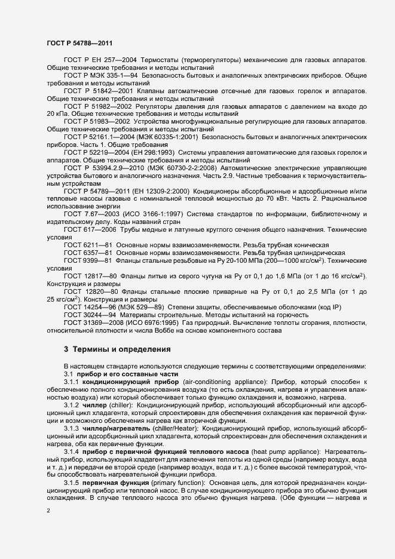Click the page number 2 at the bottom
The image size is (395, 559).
click(x=48, y=511)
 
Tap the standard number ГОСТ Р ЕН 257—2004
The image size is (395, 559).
click(x=100, y=61)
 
